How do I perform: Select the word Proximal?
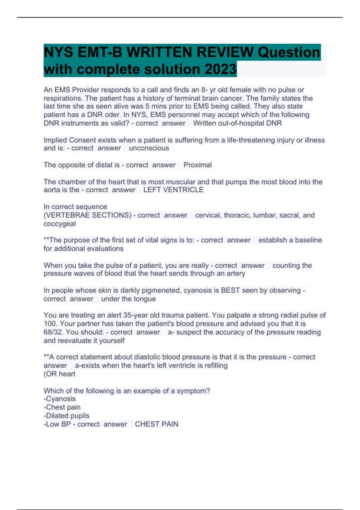point(197,165)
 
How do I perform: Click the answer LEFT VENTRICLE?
point(173,190)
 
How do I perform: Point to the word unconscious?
point(149,148)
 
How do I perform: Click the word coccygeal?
point(60,224)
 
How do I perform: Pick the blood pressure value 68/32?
point(53,332)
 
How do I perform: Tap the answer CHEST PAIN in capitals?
point(156,424)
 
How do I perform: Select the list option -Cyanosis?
point(59,399)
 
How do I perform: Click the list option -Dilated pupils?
point(66,416)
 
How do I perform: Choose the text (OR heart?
point(59,374)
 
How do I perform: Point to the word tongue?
point(145,299)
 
